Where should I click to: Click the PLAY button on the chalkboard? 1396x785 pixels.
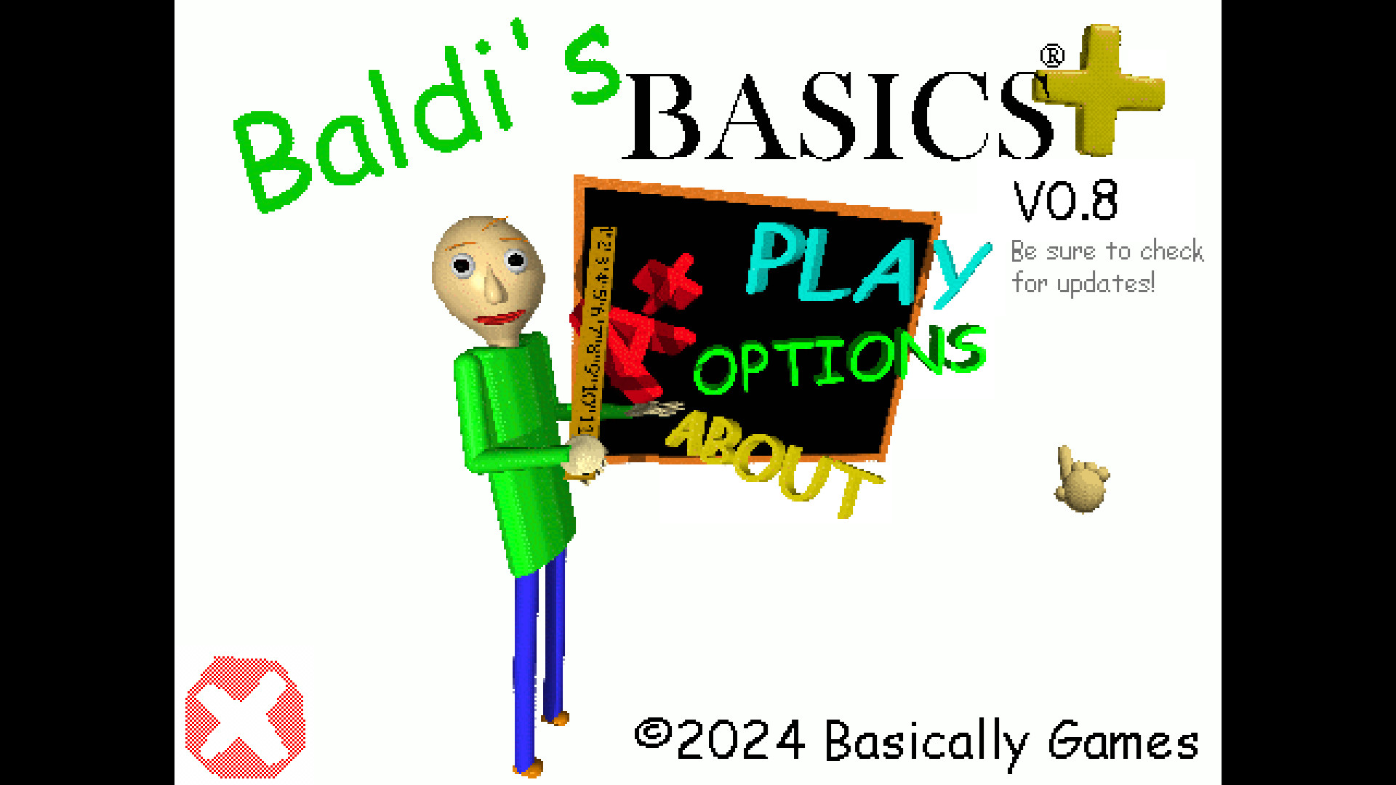pos(865,265)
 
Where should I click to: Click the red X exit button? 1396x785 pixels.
pos(245,717)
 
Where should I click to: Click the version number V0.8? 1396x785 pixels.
pos(1065,201)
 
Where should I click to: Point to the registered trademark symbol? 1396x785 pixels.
pos(1052,56)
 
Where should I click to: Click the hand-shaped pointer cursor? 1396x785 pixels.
pos(1081,481)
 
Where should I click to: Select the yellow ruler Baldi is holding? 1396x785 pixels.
pos(594,331)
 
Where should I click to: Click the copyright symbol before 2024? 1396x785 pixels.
pos(653,733)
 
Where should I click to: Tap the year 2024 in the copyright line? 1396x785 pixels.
pos(740,741)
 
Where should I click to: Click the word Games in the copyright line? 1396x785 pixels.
pos(1123,742)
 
